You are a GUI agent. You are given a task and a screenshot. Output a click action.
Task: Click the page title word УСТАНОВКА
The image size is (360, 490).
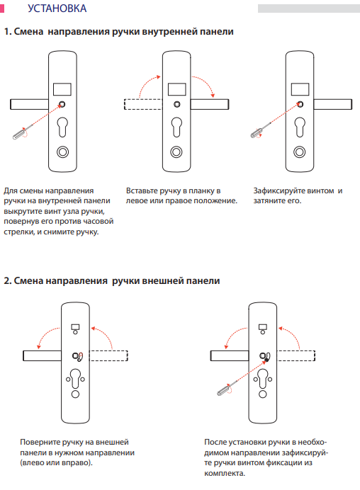coord(57,8)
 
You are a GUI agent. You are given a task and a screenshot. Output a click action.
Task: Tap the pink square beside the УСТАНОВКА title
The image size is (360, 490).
coord(2,8)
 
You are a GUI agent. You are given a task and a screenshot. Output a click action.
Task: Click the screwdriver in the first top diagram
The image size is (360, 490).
coord(20,133)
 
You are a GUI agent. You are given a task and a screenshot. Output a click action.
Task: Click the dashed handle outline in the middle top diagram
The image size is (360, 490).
coord(143,104)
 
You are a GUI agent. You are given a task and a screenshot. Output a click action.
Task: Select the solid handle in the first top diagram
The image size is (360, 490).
coord(29,104)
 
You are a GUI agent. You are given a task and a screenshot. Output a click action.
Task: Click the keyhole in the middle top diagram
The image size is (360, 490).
coord(176,127)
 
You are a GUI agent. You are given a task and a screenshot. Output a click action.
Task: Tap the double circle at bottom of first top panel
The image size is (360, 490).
coord(62,152)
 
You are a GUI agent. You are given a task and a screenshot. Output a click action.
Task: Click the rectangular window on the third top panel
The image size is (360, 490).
coord(300,89)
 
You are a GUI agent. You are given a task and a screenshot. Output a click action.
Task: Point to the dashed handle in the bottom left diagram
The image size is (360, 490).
coord(108,355)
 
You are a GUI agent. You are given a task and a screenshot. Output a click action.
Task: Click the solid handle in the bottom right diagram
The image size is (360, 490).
coord(230,355)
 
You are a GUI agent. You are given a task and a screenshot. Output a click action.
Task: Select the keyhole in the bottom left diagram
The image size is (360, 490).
coord(75,378)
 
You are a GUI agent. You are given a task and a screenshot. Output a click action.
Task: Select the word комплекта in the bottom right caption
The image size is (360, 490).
coord(224,473)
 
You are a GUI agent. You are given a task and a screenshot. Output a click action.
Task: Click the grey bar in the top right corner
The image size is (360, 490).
coord(309,8)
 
